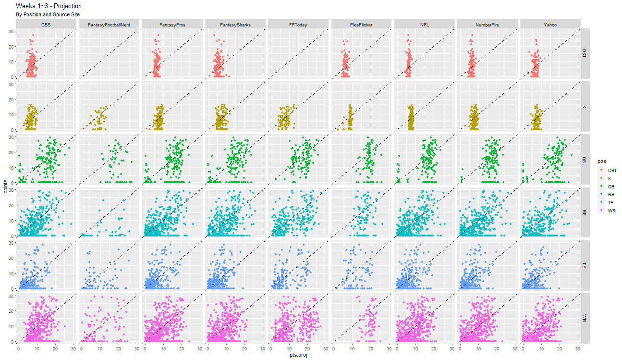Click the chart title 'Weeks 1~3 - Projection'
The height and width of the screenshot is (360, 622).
pyautogui.click(x=49, y=6)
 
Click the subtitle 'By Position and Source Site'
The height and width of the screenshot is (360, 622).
pyautogui.click(x=48, y=15)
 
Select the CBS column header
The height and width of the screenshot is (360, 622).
pyautogui.click(x=46, y=25)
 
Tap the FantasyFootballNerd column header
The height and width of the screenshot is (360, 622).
pyautogui.click(x=109, y=25)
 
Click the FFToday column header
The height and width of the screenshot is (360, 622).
pyautogui.click(x=298, y=25)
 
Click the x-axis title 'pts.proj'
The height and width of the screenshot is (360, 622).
pyautogui.click(x=298, y=355)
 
